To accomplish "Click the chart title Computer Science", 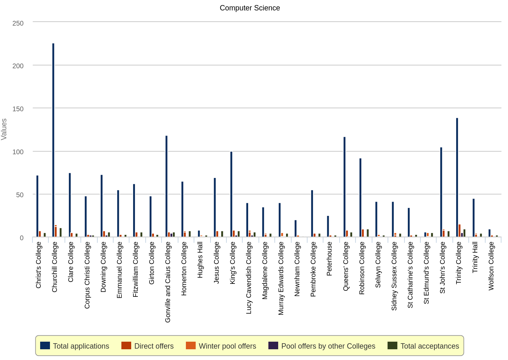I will click(250, 8).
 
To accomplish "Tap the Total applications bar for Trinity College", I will click(457, 178).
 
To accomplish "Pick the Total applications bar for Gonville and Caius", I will click(167, 186).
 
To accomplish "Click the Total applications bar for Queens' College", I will click(345, 187).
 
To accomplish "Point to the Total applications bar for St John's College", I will click(441, 192).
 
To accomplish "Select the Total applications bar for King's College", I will click(231, 194).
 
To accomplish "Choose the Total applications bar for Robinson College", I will click(360, 198).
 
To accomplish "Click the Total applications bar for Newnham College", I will click(296, 229).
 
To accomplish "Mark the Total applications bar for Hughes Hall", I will click(199, 234).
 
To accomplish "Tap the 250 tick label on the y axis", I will click(18, 23).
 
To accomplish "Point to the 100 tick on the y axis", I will click(18, 152).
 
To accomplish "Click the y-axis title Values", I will click(4, 129).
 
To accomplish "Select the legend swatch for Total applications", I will click(45, 346).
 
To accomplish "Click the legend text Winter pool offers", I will click(227, 346).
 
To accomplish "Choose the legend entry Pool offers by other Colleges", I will click(328, 346).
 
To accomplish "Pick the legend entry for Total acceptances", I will click(430, 346).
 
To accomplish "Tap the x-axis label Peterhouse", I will click(329, 259).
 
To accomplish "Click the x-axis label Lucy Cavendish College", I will click(249, 278).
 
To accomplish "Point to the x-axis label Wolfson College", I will click(491, 266).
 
